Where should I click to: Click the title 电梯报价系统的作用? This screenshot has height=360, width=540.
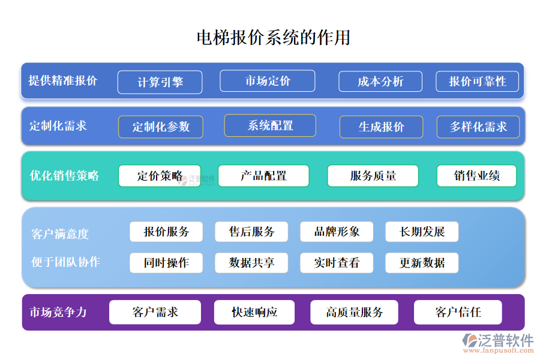coord(274,37)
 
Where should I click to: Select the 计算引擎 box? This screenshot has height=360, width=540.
coord(160,82)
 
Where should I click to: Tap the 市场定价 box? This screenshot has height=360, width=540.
coord(267,81)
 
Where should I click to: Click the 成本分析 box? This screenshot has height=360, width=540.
coord(380,82)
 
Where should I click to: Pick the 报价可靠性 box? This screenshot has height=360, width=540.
coord(478,82)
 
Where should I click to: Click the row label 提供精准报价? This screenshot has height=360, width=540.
coord(63,80)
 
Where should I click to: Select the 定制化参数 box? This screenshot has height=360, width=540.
coord(160,127)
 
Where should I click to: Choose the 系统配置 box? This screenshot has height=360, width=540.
coord(270,125)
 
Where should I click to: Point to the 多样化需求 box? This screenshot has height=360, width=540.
coord(478,127)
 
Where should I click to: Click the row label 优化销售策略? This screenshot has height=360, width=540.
coord(65,176)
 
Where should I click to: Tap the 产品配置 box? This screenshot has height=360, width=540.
coord(263,176)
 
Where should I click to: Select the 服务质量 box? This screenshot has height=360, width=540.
coord(373,176)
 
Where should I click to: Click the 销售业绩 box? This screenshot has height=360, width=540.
coord(476,176)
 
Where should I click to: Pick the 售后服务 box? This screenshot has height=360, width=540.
coord(251,232)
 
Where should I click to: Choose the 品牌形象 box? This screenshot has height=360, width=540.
coord(337,232)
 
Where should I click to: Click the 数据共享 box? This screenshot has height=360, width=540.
coord(251,263)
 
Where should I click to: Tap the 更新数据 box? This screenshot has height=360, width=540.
coord(422,263)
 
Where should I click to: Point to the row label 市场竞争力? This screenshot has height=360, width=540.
coord(58,312)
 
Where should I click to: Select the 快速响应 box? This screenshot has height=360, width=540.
coord(254,312)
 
